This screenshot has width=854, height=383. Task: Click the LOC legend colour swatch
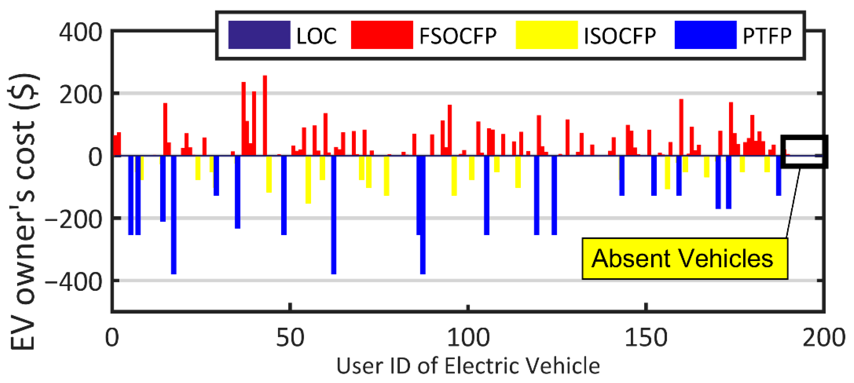coord(259,35)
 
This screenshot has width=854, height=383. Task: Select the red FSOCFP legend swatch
coord(382,35)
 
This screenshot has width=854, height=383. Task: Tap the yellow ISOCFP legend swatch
coord(547,35)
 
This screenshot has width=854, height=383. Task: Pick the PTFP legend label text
coord(767,35)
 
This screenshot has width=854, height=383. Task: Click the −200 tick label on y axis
coord(74,219)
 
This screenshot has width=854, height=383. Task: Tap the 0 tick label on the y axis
coord(95,157)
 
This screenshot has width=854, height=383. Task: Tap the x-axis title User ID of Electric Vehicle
coord(468,366)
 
